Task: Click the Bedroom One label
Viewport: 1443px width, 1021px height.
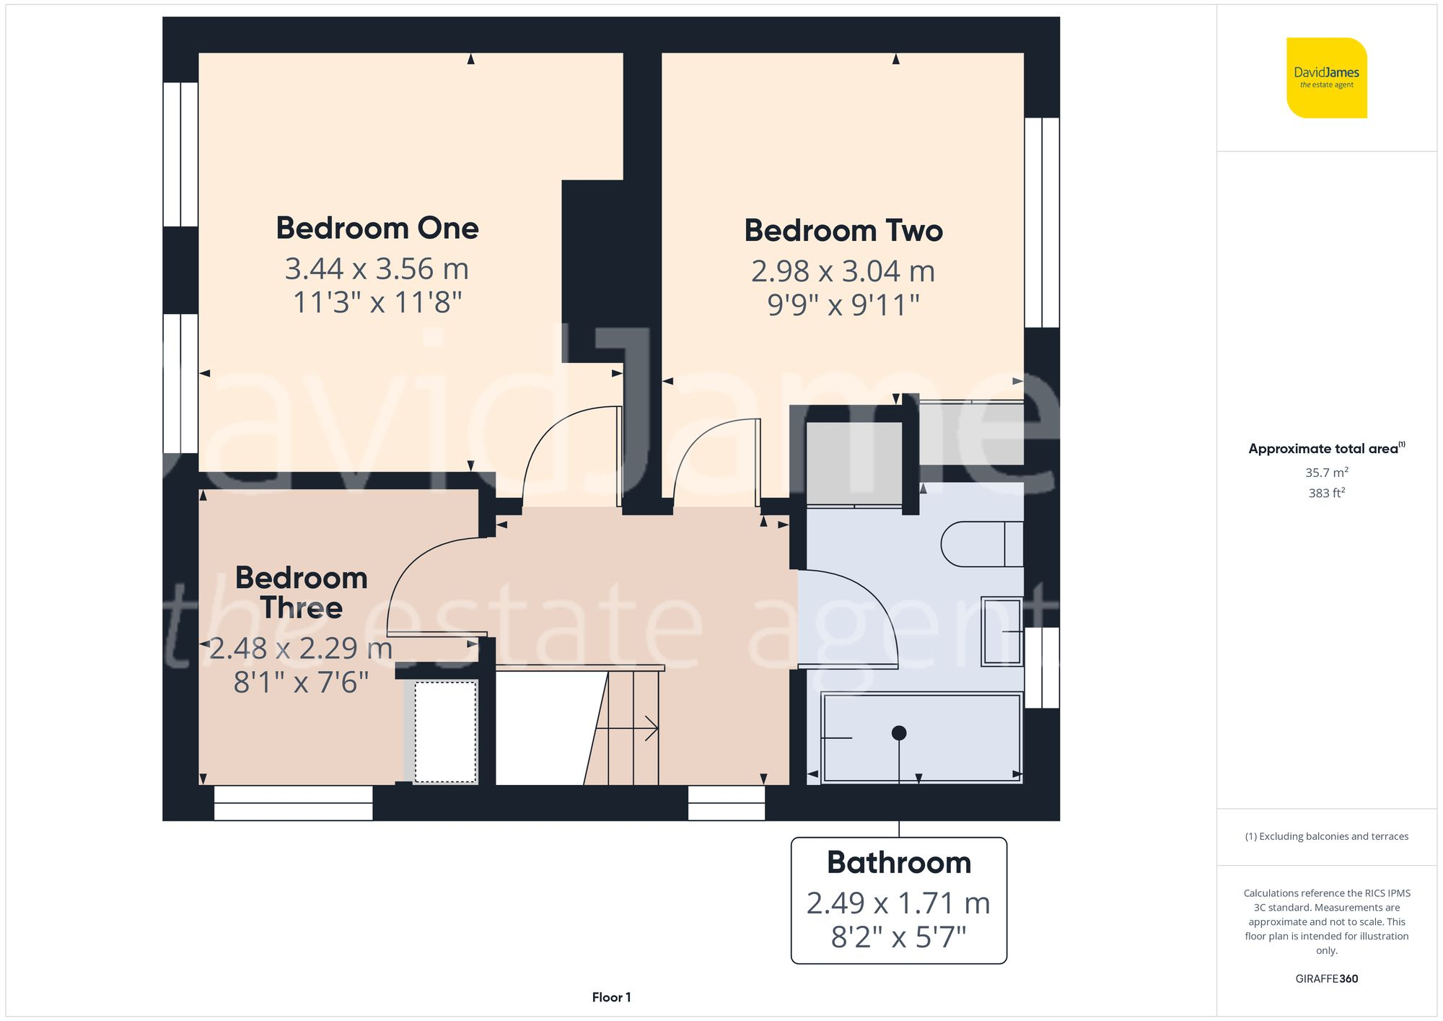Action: (x=377, y=228)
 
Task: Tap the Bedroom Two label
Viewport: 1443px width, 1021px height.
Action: (x=843, y=231)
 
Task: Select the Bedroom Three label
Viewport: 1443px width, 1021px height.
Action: (x=302, y=592)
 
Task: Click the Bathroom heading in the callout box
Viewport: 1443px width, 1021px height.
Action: (x=899, y=863)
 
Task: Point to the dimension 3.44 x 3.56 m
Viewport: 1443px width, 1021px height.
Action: (x=377, y=269)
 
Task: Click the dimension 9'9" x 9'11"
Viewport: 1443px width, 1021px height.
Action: (x=843, y=305)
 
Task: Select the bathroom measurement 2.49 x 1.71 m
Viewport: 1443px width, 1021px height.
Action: (x=898, y=903)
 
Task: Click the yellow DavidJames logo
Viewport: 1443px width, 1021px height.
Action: (x=1326, y=78)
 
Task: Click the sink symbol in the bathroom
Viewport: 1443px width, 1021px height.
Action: (x=1002, y=631)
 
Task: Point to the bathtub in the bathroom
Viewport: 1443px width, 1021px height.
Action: (x=922, y=737)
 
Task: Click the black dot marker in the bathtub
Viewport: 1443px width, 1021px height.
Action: (x=899, y=733)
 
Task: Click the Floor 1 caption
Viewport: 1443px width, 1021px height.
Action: (x=611, y=997)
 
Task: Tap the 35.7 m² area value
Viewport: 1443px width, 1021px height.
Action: (x=1326, y=473)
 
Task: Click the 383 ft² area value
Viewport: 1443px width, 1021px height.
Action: (x=1326, y=493)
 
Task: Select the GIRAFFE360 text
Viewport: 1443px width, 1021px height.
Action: (x=1326, y=979)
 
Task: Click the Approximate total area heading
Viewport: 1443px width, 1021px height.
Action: (x=1326, y=448)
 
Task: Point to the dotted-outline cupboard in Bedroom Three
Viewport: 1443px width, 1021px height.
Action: (x=445, y=731)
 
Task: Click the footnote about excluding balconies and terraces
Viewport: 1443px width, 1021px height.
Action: (x=1326, y=836)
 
